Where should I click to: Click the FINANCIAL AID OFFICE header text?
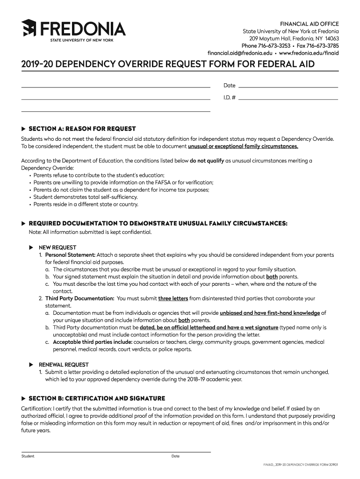click(309, 24)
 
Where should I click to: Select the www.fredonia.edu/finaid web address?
click(309, 53)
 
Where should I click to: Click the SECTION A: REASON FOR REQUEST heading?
click(82, 129)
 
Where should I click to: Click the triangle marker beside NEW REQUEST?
click(31, 247)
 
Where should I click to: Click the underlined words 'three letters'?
click(173, 298)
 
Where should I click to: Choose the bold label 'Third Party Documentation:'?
click(79, 298)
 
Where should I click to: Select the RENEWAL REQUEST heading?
click(64, 364)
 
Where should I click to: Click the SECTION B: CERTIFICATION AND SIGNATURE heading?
click(97, 399)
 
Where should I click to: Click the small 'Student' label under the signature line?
click(28, 456)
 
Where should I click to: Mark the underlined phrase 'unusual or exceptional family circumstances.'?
click(243, 146)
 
